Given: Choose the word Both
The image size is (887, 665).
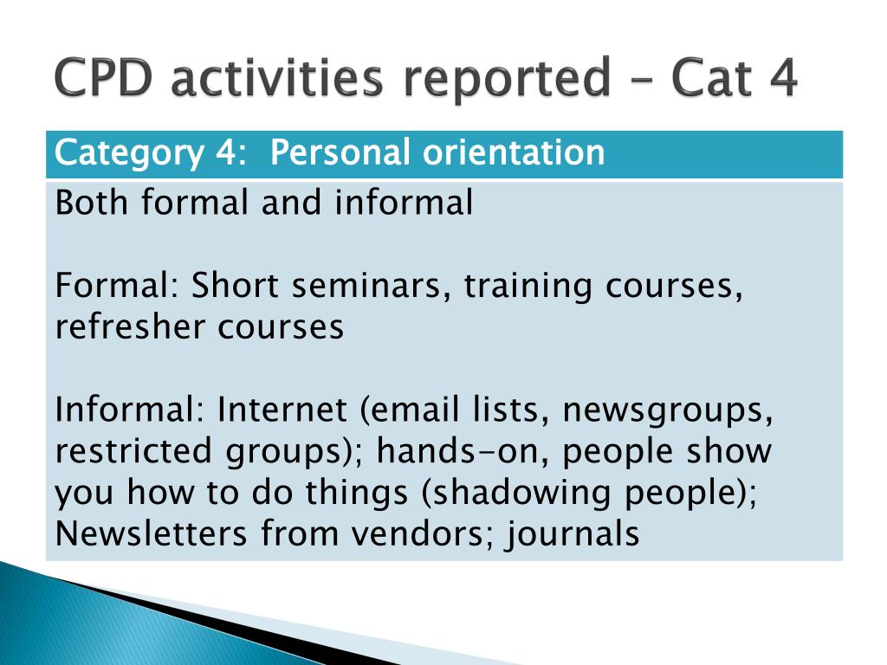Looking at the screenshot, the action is pos(91,203).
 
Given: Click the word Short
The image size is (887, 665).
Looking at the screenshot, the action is pos(235,285).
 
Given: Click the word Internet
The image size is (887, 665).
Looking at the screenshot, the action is pos(282,410).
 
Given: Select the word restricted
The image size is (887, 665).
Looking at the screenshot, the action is pos(133,451).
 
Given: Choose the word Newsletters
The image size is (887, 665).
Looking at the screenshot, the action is pos(151,533).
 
